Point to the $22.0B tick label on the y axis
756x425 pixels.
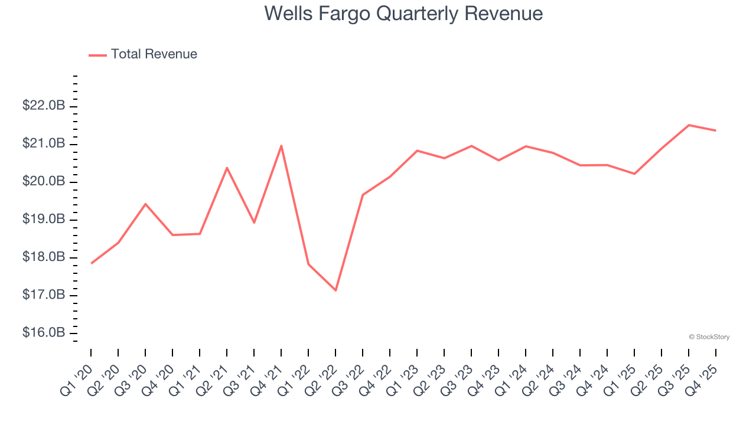click(43, 106)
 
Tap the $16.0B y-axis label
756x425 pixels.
click(43, 333)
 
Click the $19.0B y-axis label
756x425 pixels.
click(43, 220)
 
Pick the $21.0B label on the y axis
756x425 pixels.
click(43, 144)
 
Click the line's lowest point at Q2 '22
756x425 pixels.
click(335, 290)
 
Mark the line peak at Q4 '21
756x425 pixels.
click(281, 145)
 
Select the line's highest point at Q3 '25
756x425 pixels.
click(689, 125)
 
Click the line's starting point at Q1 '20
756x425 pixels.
click(91, 263)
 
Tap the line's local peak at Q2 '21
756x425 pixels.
click(227, 168)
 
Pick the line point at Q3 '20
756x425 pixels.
click(145, 204)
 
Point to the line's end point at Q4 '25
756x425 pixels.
click(716, 130)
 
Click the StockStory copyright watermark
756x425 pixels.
click(709, 337)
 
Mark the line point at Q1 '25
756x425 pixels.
click(634, 174)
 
